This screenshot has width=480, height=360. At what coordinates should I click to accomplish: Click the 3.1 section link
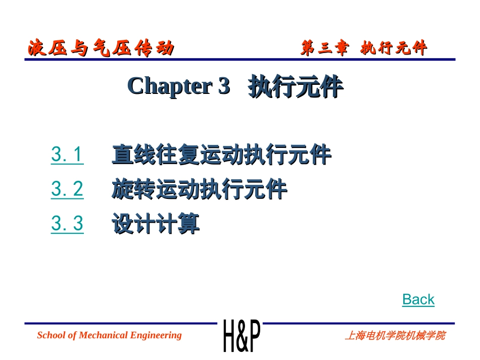[67, 155]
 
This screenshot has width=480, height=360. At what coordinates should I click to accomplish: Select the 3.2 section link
[67, 189]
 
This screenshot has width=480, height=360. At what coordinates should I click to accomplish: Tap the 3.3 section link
[67, 224]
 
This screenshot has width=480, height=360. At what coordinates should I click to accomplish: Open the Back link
[418, 299]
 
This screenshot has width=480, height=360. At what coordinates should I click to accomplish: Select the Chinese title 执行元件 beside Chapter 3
[296, 87]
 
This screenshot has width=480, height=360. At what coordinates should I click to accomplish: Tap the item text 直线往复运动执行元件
[221, 155]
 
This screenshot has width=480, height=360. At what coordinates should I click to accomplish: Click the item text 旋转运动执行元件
[199, 190]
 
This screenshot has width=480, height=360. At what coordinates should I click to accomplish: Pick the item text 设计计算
[156, 224]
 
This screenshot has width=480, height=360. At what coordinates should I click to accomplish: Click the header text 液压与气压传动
[101, 48]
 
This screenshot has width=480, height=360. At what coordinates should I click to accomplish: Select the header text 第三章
[324, 48]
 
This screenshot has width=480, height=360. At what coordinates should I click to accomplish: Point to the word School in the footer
[50, 335]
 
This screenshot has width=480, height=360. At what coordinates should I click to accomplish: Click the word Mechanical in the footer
[103, 335]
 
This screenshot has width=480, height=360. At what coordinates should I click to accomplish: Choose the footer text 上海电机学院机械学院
[395, 336]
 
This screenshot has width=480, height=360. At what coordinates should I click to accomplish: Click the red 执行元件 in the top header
[394, 48]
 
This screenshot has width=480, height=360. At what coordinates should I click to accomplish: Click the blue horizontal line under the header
[240, 60]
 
